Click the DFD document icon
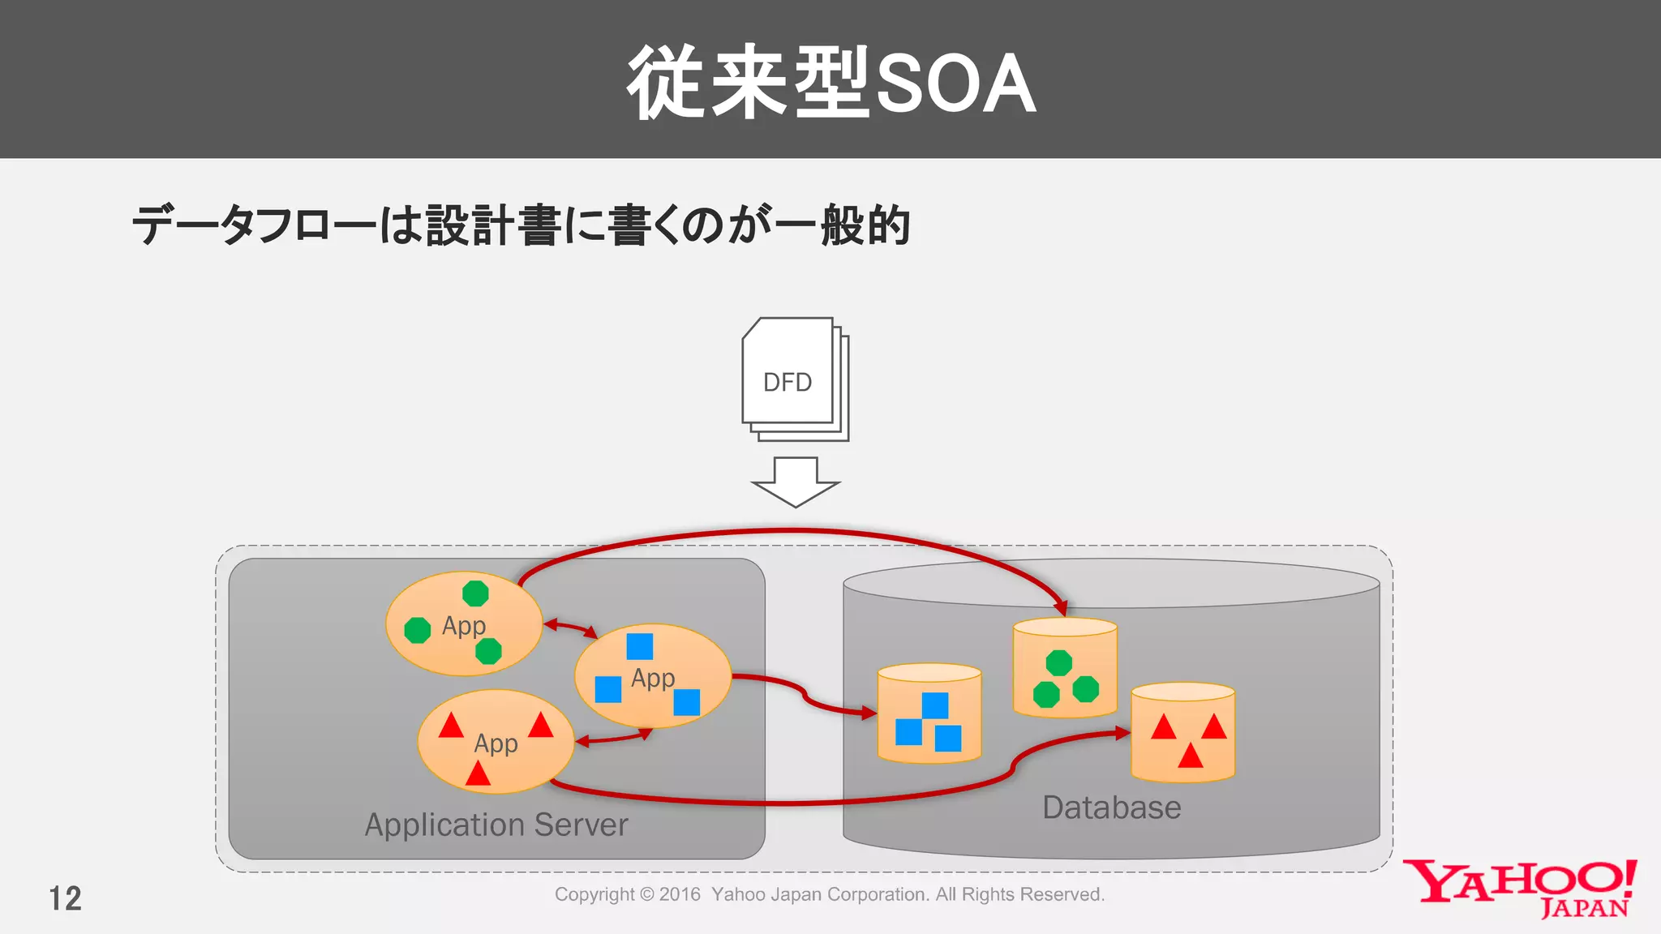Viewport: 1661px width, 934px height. [791, 377]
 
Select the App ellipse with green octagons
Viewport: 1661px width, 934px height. [463, 623]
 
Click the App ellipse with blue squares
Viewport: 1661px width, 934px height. [653, 675]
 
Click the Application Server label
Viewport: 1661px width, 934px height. [496, 825]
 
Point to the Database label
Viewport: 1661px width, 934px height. [1111, 808]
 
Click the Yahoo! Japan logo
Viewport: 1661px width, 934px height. [1521, 889]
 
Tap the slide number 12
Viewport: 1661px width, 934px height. [65, 898]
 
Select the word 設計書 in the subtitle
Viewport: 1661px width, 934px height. [493, 225]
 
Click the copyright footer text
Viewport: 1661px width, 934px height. [829, 894]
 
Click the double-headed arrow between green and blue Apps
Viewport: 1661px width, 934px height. [570, 628]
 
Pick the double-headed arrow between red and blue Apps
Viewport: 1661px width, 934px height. [613, 737]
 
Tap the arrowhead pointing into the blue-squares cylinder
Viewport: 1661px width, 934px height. [869, 713]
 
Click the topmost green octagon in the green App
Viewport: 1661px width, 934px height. [475, 593]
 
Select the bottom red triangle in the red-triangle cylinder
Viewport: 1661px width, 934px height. [1190, 757]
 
